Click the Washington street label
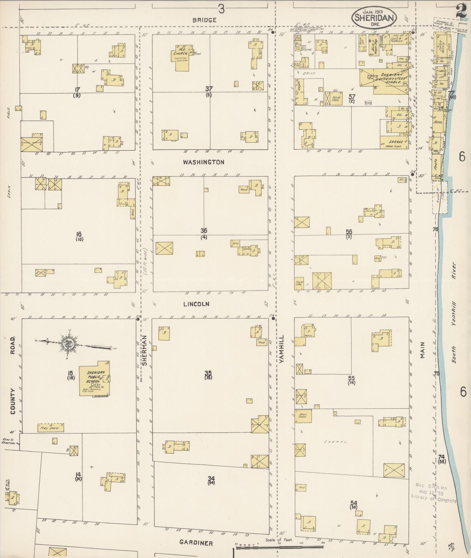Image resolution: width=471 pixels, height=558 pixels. tap(204, 162)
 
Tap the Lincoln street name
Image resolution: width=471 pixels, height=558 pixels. tap(196, 304)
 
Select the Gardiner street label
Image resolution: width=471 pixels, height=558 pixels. tap(196, 543)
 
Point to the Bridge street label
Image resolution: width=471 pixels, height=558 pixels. tap(204, 20)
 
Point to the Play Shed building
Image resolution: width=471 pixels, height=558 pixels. tap(51, 428)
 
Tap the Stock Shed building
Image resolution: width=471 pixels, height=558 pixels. tap(303, 416)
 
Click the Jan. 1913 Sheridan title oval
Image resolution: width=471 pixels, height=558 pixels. tap(374, 18)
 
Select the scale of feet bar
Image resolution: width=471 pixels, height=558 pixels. tap(280, 547)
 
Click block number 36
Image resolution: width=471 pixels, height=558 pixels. tap(204, 231)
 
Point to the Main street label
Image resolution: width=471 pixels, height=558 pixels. tap(422, 350)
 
